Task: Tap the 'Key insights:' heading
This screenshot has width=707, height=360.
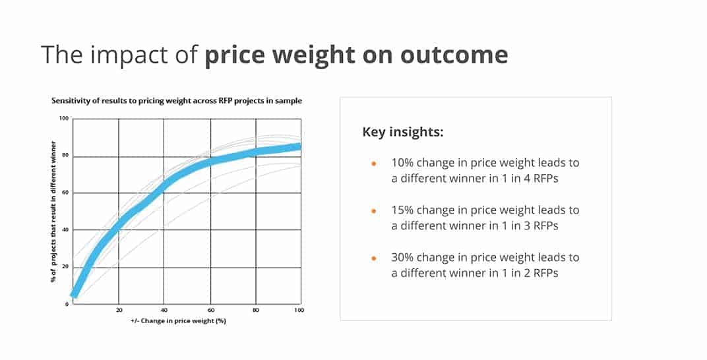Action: point(403,132)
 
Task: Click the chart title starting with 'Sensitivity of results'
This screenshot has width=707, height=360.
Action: point(177,101)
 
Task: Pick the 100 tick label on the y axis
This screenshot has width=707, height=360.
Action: point(64,119)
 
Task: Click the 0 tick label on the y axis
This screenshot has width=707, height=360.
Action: point(67,304)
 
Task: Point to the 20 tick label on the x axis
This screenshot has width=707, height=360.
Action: point(119,310)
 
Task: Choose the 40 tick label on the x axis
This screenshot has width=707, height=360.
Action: point(164,310)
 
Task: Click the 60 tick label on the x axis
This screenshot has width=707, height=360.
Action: point(210,310)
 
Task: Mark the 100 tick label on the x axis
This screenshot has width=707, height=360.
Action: point(299,310)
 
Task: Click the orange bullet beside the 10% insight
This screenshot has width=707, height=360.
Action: point(373,163)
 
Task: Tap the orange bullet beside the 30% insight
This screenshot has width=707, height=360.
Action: point(373,258)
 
